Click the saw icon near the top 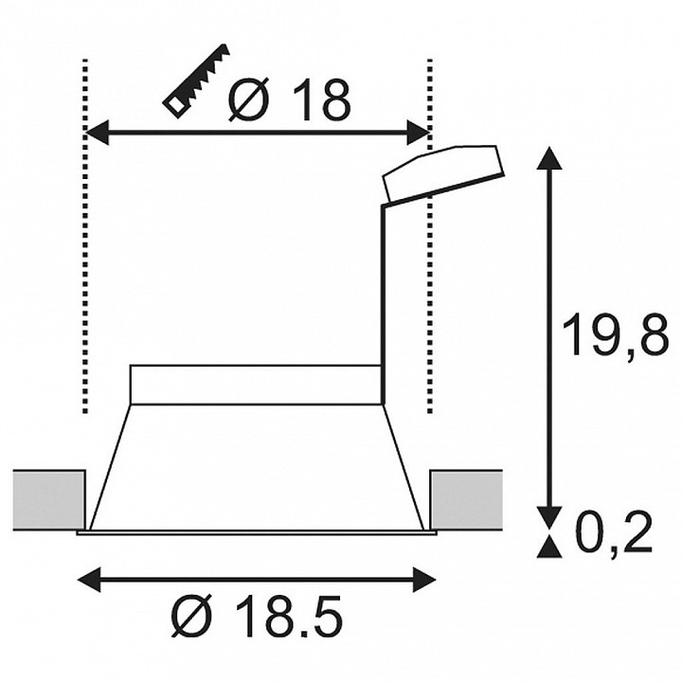click(x=196, y=81)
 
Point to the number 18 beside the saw click(x=321, y=100)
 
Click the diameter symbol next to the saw click(x=248, y=100)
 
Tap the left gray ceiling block click(x=49, y=500)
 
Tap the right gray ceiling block click(x=466, y=500)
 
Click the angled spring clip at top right click(x=442, y=174)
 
